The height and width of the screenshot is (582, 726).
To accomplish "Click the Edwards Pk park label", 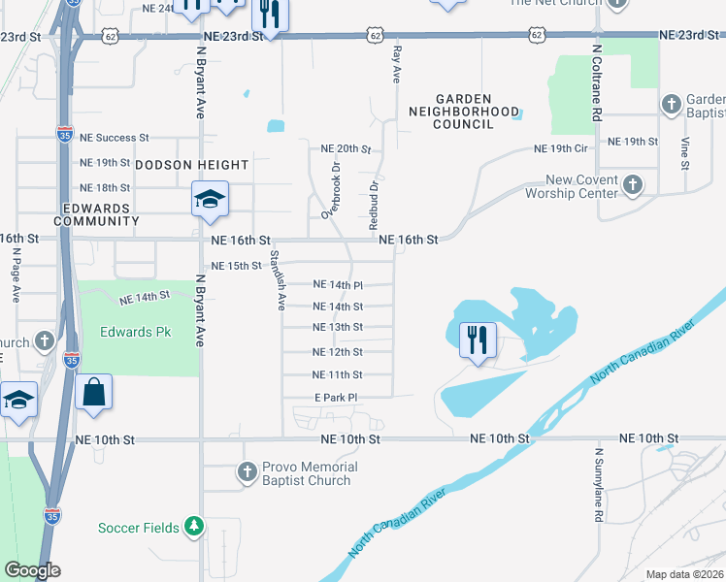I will (135, 332).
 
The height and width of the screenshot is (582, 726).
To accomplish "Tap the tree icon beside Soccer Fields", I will (194, 527).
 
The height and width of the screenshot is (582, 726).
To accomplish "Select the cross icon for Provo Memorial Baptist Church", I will (247, 473).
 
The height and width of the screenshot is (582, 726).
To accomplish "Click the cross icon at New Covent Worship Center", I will (632, 184).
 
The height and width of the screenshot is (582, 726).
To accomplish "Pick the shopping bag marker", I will (93, 393).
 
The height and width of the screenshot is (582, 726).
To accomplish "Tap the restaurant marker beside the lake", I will (478, 339).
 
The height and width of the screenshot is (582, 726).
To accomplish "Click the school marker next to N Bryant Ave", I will (210, 199).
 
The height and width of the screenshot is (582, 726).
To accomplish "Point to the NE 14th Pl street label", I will (338, 285).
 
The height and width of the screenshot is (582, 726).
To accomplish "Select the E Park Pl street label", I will (336, 398).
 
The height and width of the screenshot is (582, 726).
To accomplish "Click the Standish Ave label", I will (278, 280).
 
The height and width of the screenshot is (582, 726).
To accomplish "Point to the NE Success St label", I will (115, 139).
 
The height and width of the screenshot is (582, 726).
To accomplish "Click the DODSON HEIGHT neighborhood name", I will (191, 166).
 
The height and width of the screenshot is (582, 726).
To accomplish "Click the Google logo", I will (32, 570).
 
